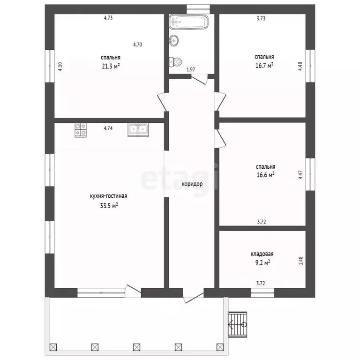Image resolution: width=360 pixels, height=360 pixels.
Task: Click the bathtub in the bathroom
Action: pyautogui.click(x=189, y=22)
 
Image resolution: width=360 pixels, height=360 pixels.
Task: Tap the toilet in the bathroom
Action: pyautogui.click(x=176, y=62)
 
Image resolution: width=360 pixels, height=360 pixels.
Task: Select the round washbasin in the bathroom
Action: pyautogui.click(x=174, y=41)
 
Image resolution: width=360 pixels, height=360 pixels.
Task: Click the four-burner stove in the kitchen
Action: pyautogui.click(x=81, y=130)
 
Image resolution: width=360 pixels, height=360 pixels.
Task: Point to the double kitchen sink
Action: pyautogui.click(x=138, y=130)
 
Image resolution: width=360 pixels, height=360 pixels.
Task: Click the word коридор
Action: pyautogui.click(x=192, y=184)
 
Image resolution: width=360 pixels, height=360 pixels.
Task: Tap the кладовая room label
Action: pyautogui.click(x=262, y=254)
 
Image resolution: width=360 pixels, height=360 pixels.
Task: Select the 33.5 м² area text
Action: pyautogui.click(x=109, y=205)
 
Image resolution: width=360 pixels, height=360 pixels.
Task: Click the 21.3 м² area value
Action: pyautogui.click(x=111, y=66)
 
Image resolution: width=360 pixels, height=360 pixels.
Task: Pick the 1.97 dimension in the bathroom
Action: pyautogui.click(x=191, y=69)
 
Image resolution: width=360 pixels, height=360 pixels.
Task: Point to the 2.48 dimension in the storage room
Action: pyautogui.click(x=301, y=261)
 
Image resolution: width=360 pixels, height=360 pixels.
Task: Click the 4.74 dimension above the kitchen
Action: pyautogui.click(x=108, y=128)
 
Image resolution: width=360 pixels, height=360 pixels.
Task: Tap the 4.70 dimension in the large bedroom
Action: pyautogui.click(x=137, y=45)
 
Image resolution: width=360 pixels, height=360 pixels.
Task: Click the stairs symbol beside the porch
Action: pyautogui.click(x=237, y=324)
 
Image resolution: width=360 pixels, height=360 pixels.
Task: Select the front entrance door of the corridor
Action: pyautogui.click(x=194, y=296)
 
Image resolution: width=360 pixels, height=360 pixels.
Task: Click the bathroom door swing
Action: pyautogui.click(x=200, y=79)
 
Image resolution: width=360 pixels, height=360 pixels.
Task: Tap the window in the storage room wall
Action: pyautogui.click(x=262, y=292)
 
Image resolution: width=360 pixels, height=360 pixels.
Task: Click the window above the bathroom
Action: pyautogui.click(x=198, y=9)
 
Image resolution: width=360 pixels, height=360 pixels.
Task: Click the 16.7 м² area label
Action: pyautogui.click(x=264, y=66)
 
